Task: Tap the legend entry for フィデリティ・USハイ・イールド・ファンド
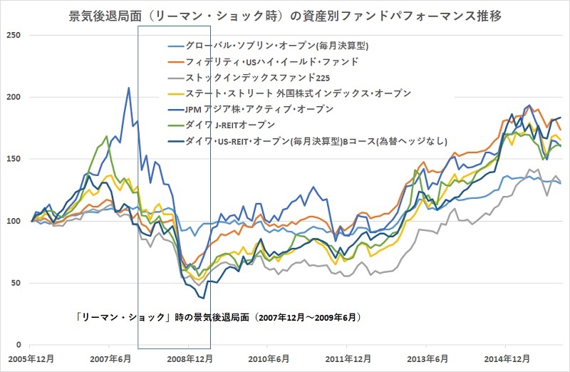pos(271,62)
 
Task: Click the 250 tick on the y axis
pos(14,36)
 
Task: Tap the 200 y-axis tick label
pos(14,98)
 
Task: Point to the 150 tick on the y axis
pos(14,159)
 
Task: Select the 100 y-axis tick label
pos(14,221)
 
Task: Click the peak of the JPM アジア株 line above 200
pos(128,88)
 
